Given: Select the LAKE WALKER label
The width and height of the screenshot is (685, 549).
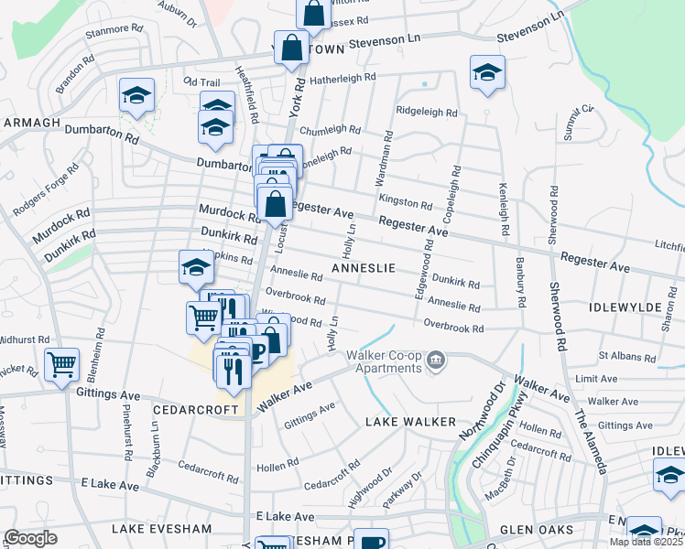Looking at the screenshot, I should tap(410, 422).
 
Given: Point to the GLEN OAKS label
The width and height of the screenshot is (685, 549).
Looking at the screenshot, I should tap(537, 530).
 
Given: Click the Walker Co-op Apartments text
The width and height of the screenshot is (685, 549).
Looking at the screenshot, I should tap(384, 361).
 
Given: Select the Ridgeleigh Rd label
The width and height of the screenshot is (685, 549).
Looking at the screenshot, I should tap(426, 112).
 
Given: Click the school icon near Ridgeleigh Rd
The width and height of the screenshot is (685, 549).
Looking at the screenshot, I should tap(487, 72).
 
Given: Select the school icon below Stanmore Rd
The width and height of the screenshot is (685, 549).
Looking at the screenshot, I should tap(136, 95).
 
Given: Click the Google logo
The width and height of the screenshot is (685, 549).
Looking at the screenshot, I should tap(30, 538).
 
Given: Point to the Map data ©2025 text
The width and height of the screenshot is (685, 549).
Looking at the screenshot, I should tap(647, 542).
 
